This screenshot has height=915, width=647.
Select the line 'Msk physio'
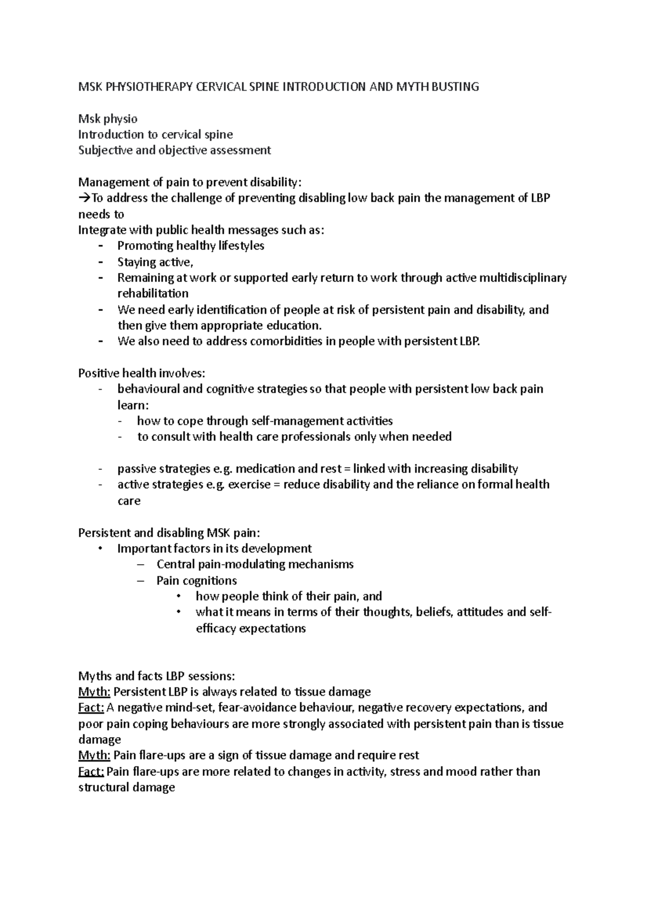pos(108,119)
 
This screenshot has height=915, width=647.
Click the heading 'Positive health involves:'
pos(142,373)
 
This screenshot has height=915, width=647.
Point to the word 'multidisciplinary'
pos(522,278)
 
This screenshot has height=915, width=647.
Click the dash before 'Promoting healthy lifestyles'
pos(100,246)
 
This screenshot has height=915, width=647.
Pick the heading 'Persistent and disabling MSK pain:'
pos(169,533)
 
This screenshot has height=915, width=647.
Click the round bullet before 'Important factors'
pos(100,549)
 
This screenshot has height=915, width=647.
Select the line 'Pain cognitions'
pos(196,581)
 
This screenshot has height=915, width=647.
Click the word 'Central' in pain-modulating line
pos(174,565)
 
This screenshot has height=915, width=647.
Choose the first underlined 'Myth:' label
pos(94,692)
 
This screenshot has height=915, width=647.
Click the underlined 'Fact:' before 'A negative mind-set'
pos(91,708)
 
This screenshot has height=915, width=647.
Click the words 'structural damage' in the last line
pos(127,787)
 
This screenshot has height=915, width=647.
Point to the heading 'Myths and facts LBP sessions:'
pos(156,676)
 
